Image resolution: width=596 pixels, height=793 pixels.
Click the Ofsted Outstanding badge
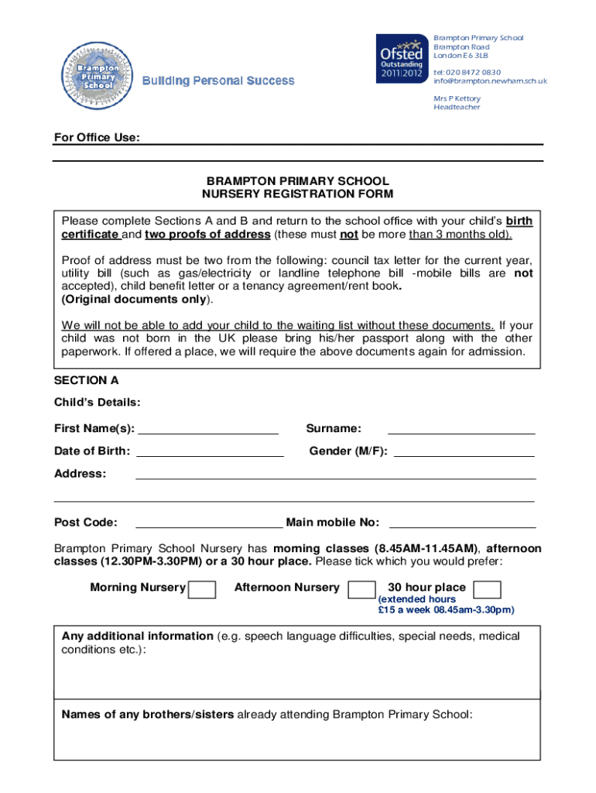[399, 59]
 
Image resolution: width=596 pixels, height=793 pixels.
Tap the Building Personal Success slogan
[218, 81]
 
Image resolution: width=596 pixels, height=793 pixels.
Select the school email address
[490, 81]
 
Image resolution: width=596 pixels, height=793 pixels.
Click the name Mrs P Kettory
[457, 98]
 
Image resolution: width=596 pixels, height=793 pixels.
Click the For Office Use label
[97, 138]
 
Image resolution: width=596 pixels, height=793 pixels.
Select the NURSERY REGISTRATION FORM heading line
[297, 194]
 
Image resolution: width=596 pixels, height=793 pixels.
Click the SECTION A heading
[86, 380]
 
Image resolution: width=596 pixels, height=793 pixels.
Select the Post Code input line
[209, 524]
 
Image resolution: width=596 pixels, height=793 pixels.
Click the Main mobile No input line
[462, 524]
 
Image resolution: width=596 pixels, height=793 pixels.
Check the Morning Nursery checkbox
[202, 589]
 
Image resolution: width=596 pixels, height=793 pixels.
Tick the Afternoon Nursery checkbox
[361, 589]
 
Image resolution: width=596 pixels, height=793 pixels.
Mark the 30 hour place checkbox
[487, 589]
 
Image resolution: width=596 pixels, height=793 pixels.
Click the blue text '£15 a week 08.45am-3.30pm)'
[446, 610]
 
